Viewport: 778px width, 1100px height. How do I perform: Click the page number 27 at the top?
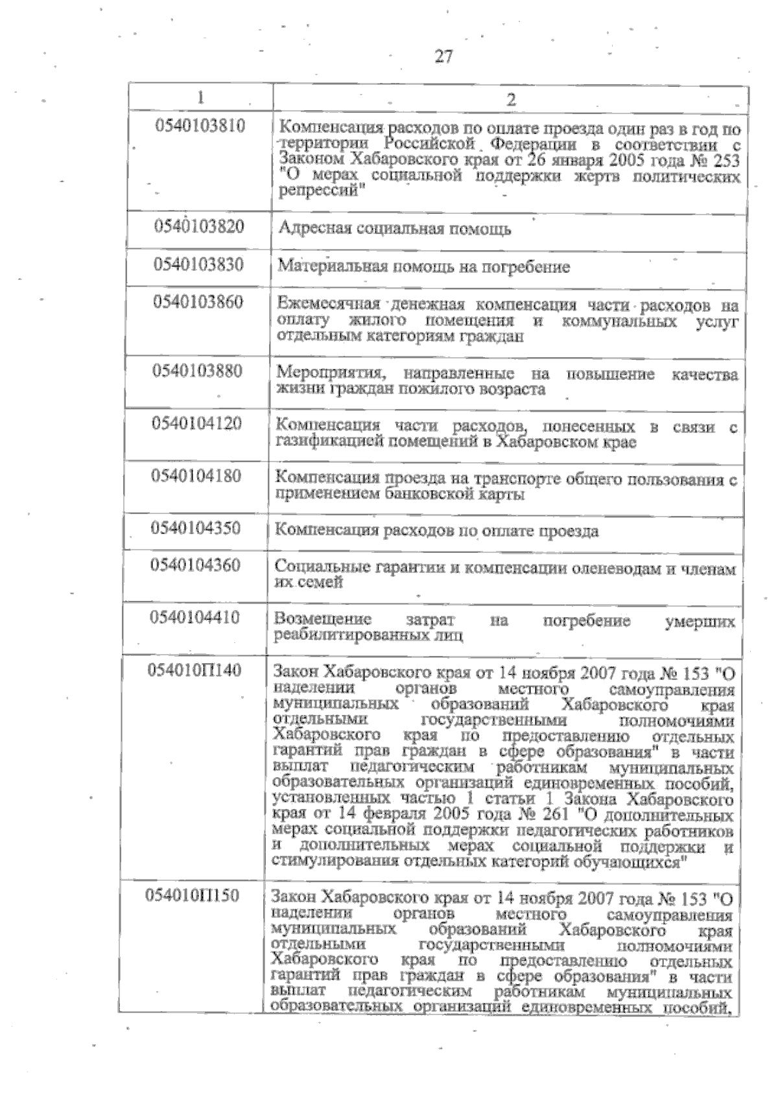(443, 57)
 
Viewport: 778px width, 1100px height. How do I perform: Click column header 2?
(511, 99)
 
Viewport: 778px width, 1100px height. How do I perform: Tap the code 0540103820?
(199, 227)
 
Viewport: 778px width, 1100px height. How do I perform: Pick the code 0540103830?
(198, 264)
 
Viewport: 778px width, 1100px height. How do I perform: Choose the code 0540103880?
(197, 371)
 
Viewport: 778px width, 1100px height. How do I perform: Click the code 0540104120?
(196, 424)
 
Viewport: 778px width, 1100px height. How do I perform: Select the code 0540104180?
(196, 476)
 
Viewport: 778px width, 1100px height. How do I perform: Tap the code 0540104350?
(196, 528)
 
